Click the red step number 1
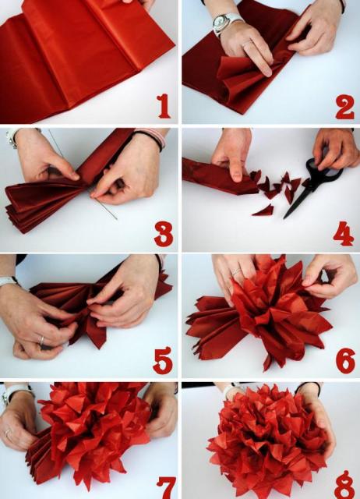click(164, 106)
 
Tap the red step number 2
click(344, 107)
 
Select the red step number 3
click(164, 234)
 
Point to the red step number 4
click(344, 234)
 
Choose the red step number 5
click(163, 360)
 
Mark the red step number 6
click(345, 360)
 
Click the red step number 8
click(344, 485)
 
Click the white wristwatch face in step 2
click(221, 21)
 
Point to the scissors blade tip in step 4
click(284, 218)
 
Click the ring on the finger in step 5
click(41, 341)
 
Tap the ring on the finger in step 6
click(237, 271)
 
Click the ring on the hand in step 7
click(7, 433)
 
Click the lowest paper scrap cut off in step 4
click(263, 211)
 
